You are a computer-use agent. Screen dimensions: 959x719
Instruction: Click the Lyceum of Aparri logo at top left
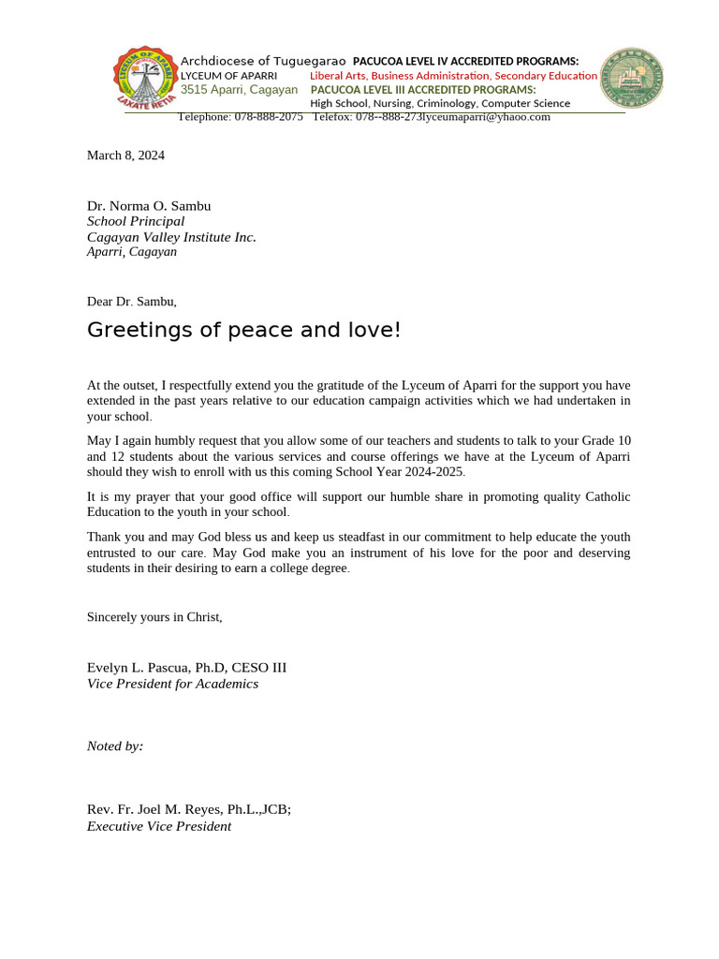tap(145, 78)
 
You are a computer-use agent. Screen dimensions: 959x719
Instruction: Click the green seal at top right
tap(631, 78)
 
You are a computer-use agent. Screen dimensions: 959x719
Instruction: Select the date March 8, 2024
tap(125, 155)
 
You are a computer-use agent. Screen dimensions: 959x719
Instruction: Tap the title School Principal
tap(136, 222)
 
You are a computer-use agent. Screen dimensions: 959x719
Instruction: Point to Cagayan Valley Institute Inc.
tap(171, 237)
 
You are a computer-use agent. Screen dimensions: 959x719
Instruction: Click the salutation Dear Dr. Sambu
tap(131, 302)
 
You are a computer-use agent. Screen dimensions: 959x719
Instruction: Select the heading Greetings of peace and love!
tap(243, 330)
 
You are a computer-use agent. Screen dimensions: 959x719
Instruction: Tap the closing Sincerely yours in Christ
tap(154, 617)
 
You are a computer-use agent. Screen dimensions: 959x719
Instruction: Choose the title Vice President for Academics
tap(172, 684)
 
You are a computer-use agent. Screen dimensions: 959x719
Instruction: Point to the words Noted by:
tap(115, 746)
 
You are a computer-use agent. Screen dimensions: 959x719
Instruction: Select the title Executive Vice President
tap(159, 826)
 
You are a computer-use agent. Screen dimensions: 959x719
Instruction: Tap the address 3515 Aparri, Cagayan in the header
tap(239, 90)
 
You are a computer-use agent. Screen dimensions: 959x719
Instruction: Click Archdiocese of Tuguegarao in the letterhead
tap(263, 61)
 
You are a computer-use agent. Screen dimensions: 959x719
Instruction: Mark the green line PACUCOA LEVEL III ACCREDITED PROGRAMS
tap(423, 90)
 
